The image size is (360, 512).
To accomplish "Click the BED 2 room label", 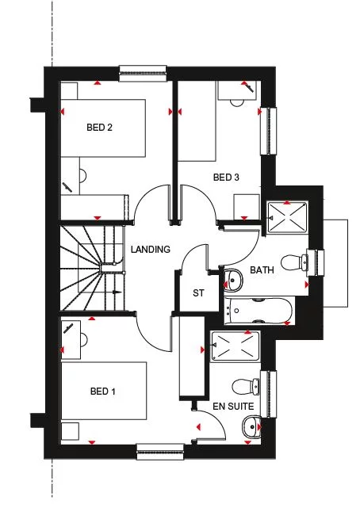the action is pyautogui.click(x=99, y=128).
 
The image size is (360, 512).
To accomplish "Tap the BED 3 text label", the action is pyautogui.click(x=226, y=178).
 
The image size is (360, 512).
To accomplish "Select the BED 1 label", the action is pyautogui.click(x=102, y=392).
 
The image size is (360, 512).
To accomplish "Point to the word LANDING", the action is pyautogui.click(x=151, y=250).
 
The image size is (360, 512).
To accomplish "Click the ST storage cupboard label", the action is pyautogui.click(x=198, y=293).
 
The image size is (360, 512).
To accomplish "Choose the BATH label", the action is pyautogui.click(x=262, y=270).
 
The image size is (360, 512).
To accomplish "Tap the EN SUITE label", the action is pyautogui.click(x=233, y=407).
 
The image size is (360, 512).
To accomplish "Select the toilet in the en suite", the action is pyautogui.click(x=246, y=386).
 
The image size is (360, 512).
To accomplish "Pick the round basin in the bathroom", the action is pyautogui.click(x=233, y=280).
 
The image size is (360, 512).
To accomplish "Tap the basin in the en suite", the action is pyautogui.click(x=251, y=426).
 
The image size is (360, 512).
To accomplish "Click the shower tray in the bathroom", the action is pyautogui.click(x=287, y=217).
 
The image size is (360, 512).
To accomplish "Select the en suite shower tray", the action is pyautogui.click(x=236, y=346).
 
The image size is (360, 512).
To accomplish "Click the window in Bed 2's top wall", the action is pyautogui.click(x=143, y=74).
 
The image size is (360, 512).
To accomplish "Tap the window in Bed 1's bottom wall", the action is pyautogui.click(x=160, y=452).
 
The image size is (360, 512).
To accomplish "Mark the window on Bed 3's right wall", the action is pyautogui.click(x=269, y=131).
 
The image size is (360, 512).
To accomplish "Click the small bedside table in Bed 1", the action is pyautogui.click(x=70, y=431).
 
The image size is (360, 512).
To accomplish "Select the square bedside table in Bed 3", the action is pyautogui.click(x=247, y=208).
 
